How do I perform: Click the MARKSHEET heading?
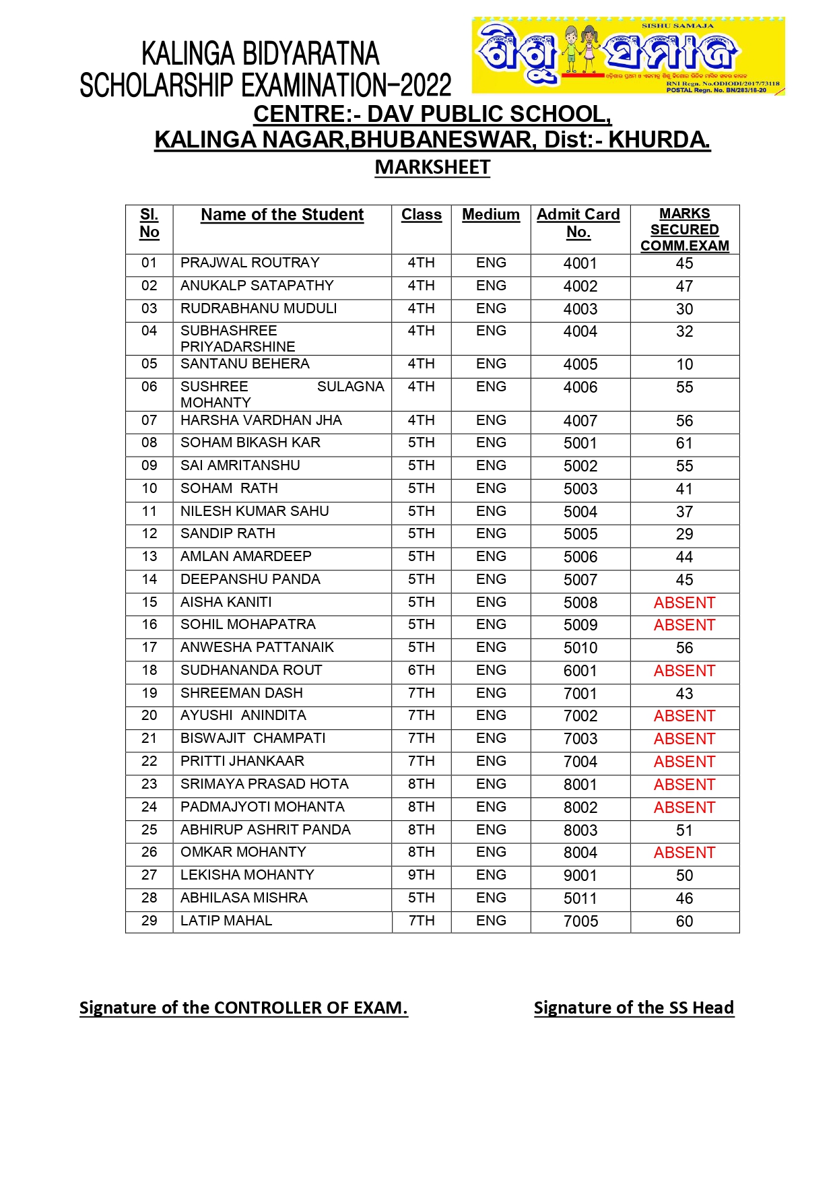[x=432, y=167]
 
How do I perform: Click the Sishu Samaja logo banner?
[x=628, y=56]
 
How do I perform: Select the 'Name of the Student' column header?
[x=282, y=215]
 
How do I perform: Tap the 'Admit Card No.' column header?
[x=578, y=223]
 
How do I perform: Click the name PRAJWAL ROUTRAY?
[x=250, y=263]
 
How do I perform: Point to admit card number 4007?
[x=580, y=421]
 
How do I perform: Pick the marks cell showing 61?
[x=684, y=443]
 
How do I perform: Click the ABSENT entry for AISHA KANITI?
[x=684, y=603]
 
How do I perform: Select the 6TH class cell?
[x=422, y=671]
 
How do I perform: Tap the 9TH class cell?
[x=422, y=876]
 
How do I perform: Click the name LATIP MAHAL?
[x=226, y=921]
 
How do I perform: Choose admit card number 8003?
[x=580, y=830]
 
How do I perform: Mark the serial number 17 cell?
[x=149, y=648]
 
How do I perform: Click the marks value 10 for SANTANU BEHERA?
[x=684, y=364]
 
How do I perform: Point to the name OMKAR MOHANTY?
[x=243, y=853]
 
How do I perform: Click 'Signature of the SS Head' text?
[x=634, y=1008]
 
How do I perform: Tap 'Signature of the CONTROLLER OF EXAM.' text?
[x=244, y=1008]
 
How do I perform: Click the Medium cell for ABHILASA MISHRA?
[x=491, y=898]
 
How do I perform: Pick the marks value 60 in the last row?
[x=684, y=921]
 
